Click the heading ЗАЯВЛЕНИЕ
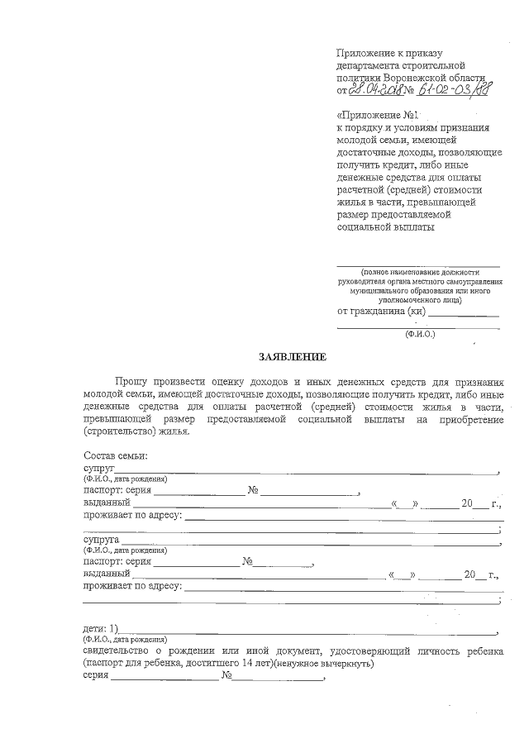click(293, 357)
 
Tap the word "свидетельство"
click(117, 651)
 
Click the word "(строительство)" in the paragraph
click(117, 431)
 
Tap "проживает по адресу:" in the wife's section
click(132, 586)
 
